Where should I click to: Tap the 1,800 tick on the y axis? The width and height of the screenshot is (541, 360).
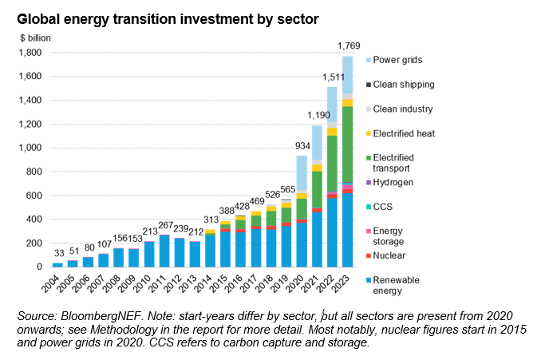click(30, 53)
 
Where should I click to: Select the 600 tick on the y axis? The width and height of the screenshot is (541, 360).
click(34, 196)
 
